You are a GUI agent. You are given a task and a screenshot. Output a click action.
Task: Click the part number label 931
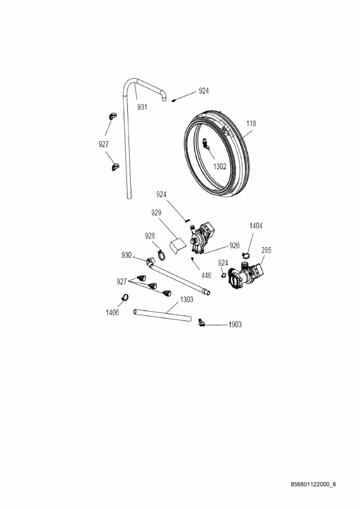(142, 107)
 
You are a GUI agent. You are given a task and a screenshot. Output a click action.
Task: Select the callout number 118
(251, 124)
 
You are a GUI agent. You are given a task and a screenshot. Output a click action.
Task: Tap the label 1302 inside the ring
(220, 167)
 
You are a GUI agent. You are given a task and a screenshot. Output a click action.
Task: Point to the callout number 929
(156, 213)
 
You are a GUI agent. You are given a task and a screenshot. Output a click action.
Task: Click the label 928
(150, 236)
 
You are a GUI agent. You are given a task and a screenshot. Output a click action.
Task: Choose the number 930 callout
(126, 256)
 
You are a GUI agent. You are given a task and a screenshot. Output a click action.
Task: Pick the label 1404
(256, 226)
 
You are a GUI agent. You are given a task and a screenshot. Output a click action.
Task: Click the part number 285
(266, 250)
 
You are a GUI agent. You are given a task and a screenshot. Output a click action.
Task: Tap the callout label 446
(206, 276)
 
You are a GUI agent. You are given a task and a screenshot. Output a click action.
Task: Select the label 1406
(112, 313)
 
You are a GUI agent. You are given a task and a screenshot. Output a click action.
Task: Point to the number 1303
(187, 300)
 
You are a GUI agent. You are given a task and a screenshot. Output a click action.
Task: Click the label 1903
(235, 325)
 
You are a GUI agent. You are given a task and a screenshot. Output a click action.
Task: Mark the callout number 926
(235, 245)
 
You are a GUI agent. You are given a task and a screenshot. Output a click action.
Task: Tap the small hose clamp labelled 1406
(125, 297)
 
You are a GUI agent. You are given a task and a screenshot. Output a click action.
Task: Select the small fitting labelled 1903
(201, 322)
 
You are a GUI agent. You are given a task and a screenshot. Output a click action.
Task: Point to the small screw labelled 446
(192, 258)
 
